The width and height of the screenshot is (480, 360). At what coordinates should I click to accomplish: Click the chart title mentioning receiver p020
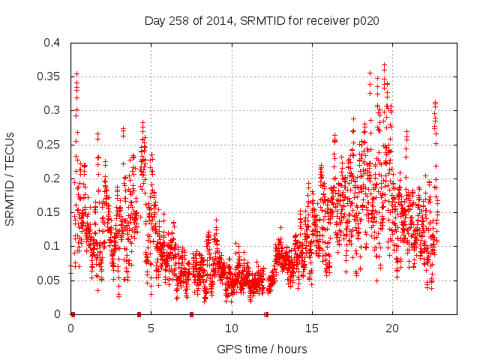(x=261, y=21)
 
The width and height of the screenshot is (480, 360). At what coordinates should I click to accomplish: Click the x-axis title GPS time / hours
(x=261, y=349)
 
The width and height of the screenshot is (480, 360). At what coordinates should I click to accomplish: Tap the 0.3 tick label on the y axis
(x=51, y=110)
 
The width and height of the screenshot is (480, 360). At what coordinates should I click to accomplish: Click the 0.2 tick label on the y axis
(x=51, y=178)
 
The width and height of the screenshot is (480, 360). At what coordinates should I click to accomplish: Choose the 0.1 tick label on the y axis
(x=51, y=246)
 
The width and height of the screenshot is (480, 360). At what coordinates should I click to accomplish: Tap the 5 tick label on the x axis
(x=151, y=328)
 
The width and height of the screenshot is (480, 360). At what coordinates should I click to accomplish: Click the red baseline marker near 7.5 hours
(x=192, y=314)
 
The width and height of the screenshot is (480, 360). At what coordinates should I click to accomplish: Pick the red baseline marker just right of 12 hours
(x=266, y=314)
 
